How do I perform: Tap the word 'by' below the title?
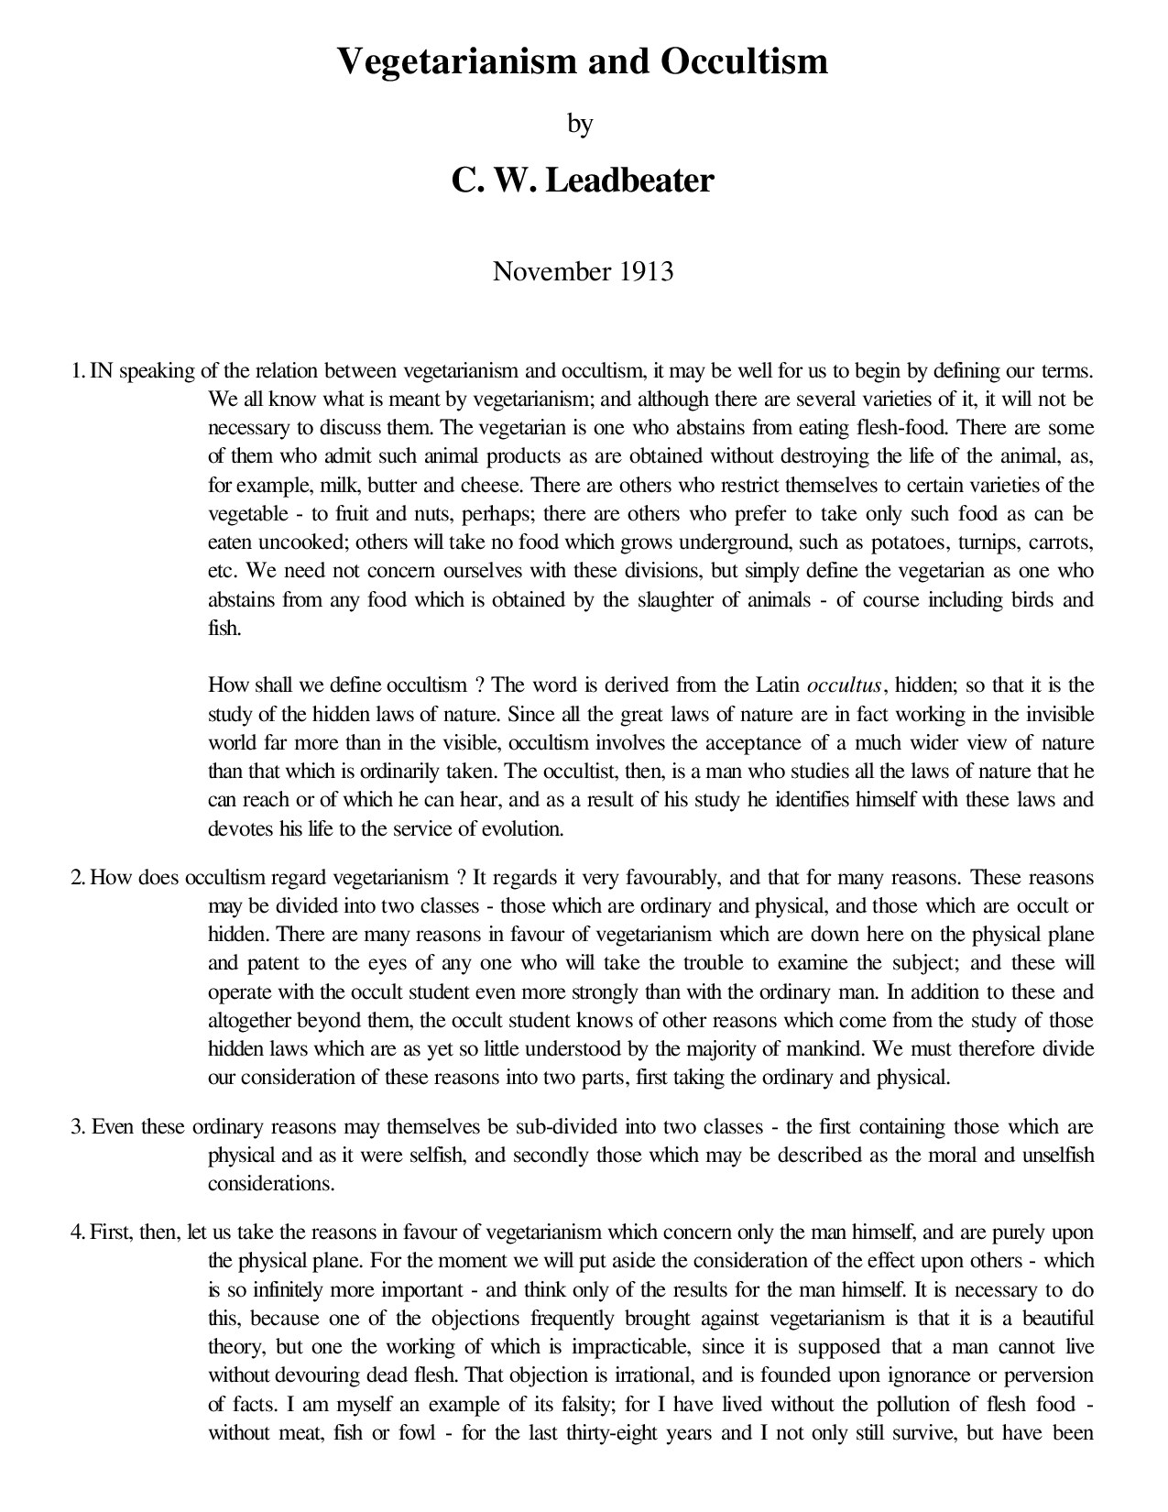(x=581, y=124)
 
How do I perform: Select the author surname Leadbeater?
(x=630, y=181)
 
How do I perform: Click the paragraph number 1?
(x=78, y=372)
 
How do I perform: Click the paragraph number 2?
(x=78, y=878)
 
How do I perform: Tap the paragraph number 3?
(x=78, y=1127)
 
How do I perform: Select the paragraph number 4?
(x=78, y=1233)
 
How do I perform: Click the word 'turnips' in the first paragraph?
(x=995, y=542)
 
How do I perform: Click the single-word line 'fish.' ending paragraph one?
(x=224, y=629)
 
